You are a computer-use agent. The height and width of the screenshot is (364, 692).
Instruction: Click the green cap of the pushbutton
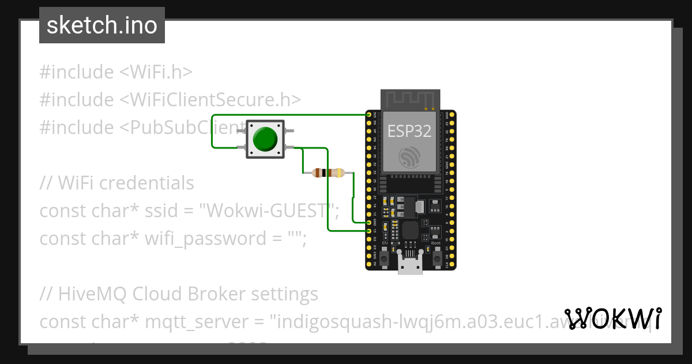[265, 139]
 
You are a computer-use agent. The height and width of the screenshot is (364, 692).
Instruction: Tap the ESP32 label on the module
[409, 131]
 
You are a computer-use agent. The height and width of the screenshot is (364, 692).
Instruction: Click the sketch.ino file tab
[102, 25]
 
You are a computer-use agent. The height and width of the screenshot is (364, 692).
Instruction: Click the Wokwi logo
[612, 318]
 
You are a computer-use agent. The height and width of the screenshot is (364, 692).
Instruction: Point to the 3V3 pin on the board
[369, 114]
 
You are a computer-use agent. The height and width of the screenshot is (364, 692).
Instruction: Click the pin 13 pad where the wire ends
[369, 231]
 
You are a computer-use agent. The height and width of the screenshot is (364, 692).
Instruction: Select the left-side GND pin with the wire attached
[369, 222]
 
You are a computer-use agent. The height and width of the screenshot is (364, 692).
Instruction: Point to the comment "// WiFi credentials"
[117, 183]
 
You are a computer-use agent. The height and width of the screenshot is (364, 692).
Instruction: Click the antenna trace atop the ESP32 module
[410, 100]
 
